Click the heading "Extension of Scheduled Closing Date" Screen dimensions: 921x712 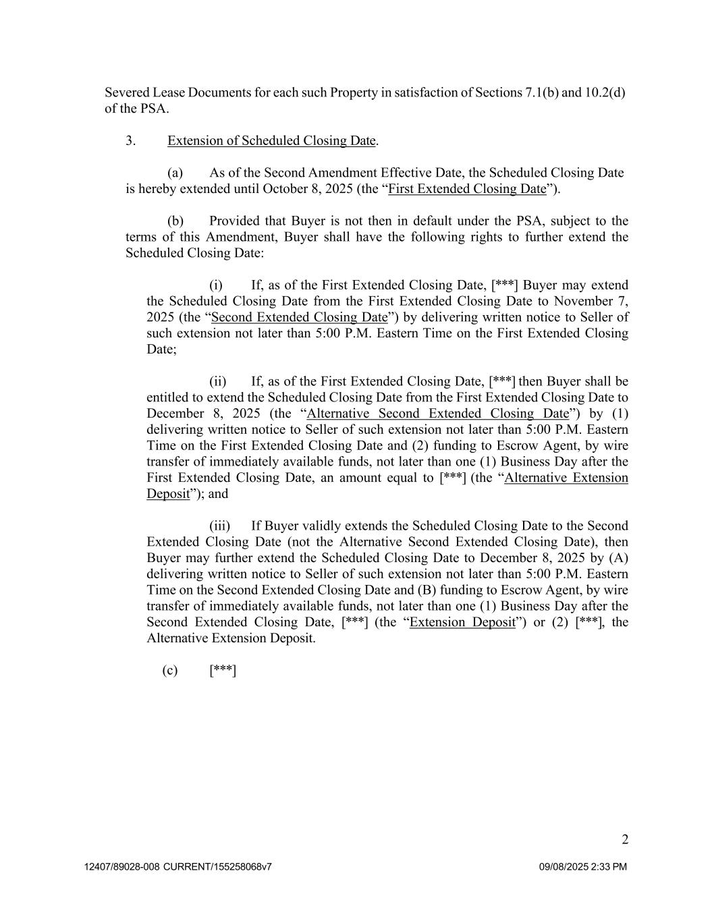(271, 141)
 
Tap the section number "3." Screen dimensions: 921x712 (131, 141)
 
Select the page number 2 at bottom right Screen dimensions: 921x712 (625, 840)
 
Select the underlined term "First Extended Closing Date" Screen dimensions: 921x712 (467, 189)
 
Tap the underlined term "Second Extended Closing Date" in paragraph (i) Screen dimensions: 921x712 (300, 317)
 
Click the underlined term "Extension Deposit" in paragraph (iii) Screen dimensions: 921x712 (462, 622)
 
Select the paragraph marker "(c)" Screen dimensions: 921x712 (170, 670)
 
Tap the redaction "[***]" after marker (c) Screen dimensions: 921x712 (223, 670)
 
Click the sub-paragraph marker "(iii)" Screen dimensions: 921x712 (219, 526)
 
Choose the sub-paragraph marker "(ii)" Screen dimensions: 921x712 (217, 381)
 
